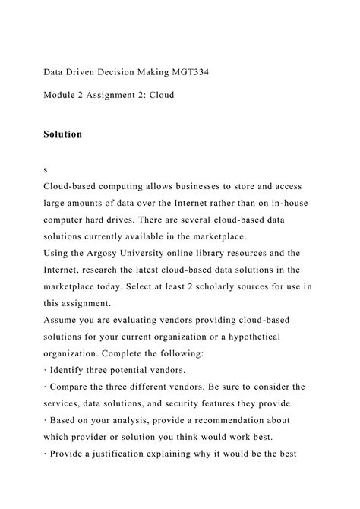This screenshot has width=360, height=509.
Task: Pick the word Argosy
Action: (x=108, y=253)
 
